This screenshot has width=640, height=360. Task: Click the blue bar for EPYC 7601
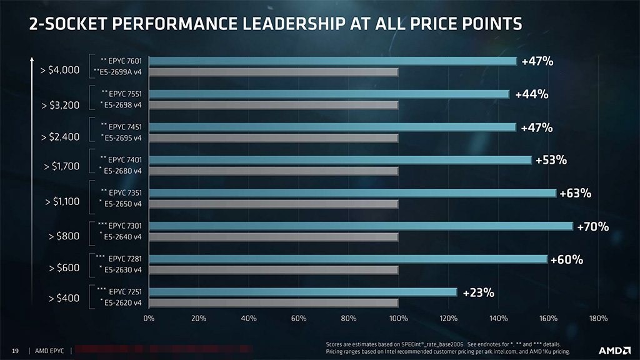pyautogui.click(x=333, y=61)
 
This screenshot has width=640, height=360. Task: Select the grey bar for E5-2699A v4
pyautogui.click(x=274, y=72)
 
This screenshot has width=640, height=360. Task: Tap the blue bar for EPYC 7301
pyautogui.click(x=361, y=226)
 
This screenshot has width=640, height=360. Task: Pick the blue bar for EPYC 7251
pyautogui.click(x=303, y=292)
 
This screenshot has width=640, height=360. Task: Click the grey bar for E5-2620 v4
pyautogui.click(x=274, y=303)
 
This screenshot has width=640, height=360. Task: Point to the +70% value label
pyautogui.click(x=592, y=226)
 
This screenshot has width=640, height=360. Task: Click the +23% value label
pyautogui.click(x=478, y=292)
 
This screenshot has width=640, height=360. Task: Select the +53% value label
pyautogui.click(x=551, y=161)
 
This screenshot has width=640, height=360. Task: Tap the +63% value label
pyautogui.click(x=575, y=193)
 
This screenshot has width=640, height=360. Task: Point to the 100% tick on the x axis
pyautogui.click(x=399, y=319)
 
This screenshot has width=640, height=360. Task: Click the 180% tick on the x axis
pyautogui.click(x=598, y=319)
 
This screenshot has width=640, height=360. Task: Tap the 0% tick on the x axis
pyautogui.click(x=149, y=319)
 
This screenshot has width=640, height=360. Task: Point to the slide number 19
pyautogui.click(x=16, y=351)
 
